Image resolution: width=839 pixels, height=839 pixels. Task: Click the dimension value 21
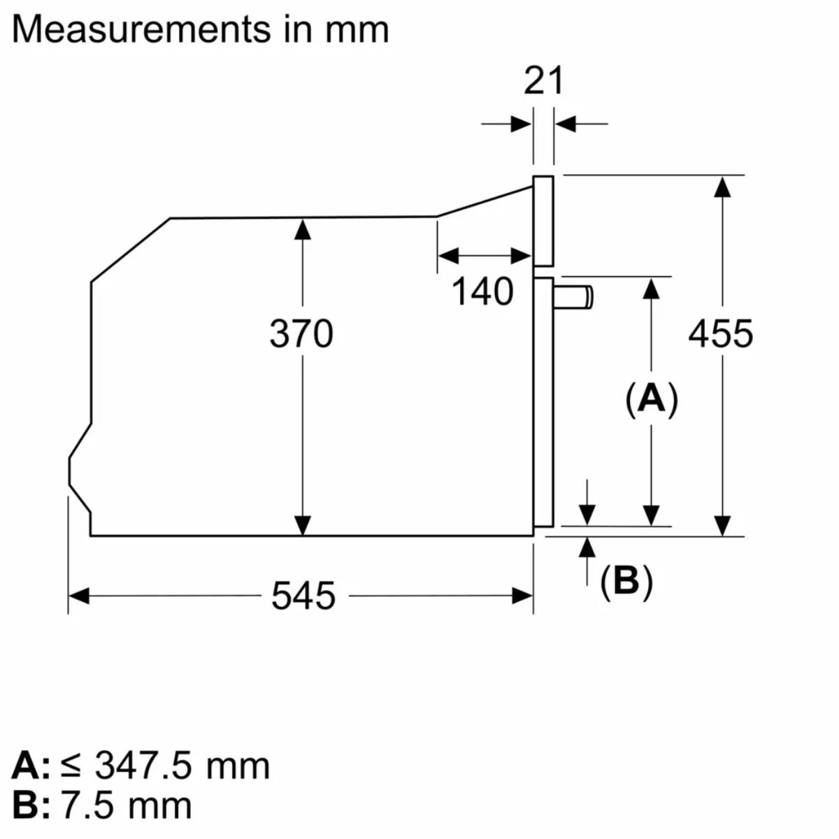(x=543, y=81)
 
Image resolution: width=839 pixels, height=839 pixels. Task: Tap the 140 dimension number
(x=482, y=292)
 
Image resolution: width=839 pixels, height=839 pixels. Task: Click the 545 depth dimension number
(x=303, y=596)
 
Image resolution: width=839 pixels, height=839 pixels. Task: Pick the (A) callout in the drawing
(x=652, y=400)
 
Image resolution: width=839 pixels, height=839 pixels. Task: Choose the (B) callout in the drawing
(x=626, y=580)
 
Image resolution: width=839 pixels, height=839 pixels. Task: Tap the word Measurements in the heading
(x=141, y=29)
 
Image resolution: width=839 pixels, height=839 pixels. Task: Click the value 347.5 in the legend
(x=143, y=766)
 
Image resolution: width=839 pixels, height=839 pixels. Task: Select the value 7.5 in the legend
(x=87, y=805)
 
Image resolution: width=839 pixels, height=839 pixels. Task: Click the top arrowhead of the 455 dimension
(x=723, y=185)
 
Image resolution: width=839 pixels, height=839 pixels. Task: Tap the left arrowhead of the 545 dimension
(x=79, y=596)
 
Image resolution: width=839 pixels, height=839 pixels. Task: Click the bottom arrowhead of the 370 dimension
(x=303, y=525)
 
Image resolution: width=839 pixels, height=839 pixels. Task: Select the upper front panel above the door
(x=543, y=220)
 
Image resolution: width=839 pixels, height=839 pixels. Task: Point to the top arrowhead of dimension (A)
(x=652, y=288)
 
